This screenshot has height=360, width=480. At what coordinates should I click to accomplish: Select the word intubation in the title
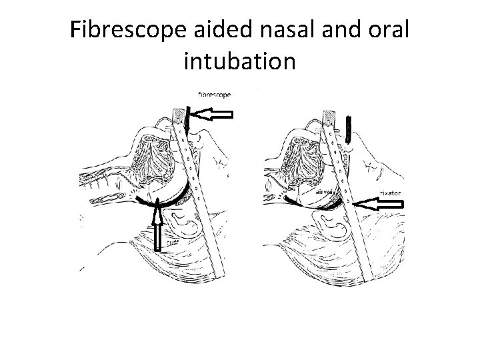238,61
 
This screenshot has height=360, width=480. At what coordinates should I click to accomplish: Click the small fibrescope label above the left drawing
215,95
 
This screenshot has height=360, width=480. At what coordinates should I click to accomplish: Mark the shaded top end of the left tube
179,117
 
